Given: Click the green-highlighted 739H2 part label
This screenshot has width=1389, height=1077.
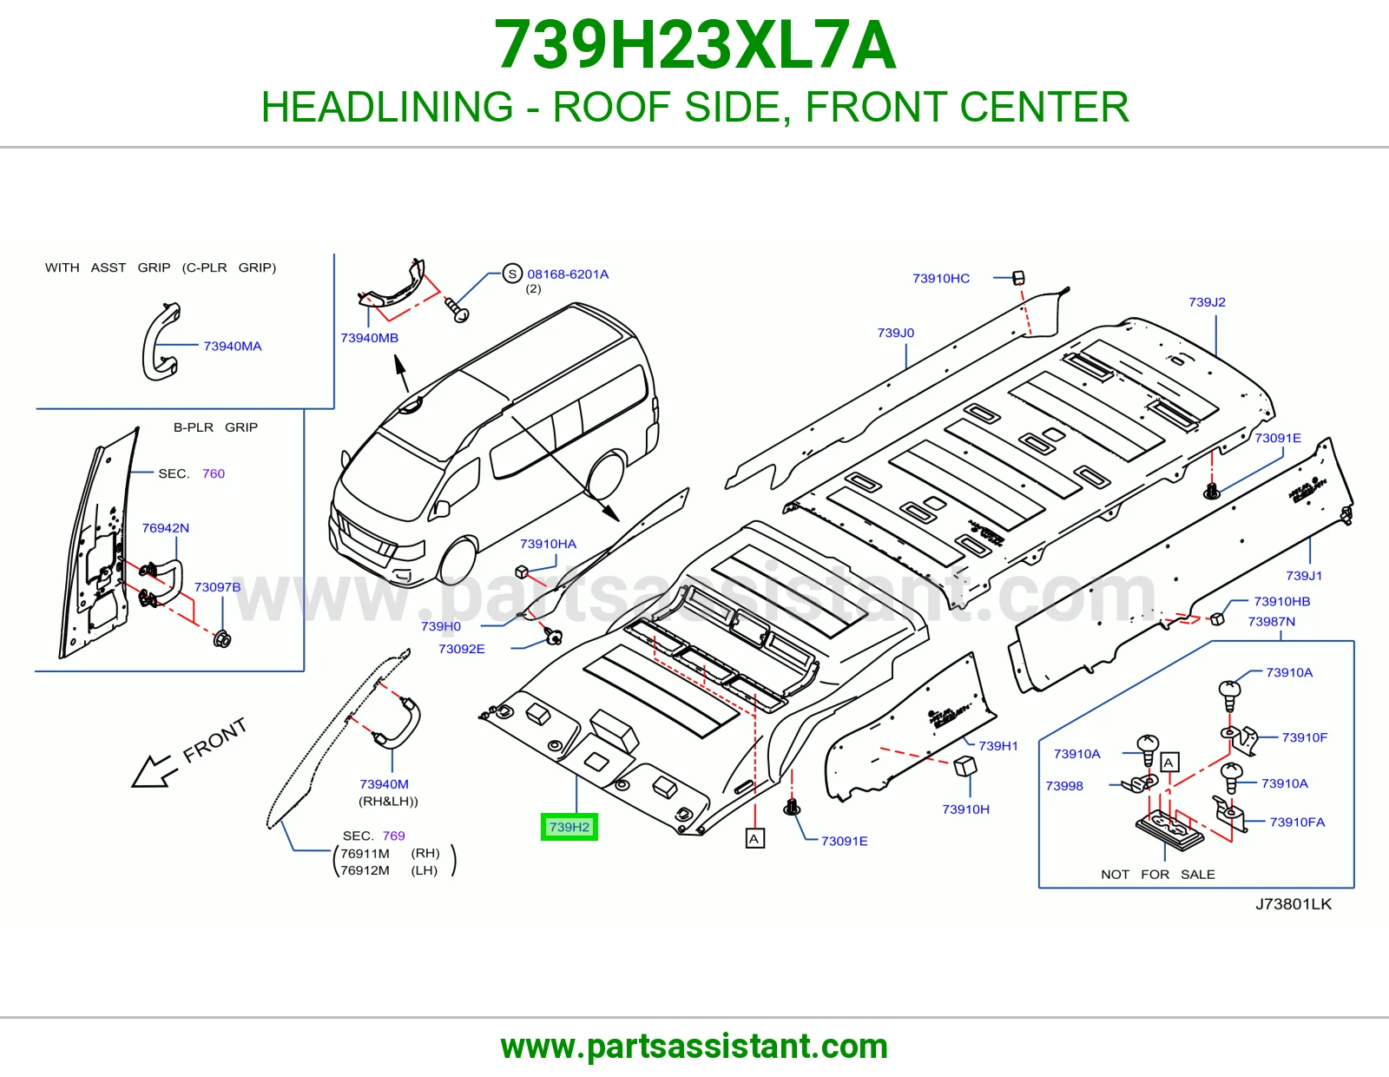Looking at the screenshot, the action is tap(569, 827).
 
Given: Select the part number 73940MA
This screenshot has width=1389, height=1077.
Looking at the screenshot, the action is tap(233, 346).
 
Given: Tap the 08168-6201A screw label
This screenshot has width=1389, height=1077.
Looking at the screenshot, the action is tap(568, 274).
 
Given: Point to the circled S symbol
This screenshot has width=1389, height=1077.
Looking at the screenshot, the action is tap(512, 274).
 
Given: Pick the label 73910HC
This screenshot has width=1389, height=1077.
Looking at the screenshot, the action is tap(941, 278).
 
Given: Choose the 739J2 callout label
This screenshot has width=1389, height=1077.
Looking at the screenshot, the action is tap(1207, 302).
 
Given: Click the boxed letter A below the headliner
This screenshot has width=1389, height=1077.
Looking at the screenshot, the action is tap(755, 838).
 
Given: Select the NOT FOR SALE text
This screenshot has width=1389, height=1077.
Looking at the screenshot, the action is tap(1157, 875).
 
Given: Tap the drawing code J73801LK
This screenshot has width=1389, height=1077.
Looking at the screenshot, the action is tap(1294, 903).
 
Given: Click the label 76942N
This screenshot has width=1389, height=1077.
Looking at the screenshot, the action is tap(166, 527).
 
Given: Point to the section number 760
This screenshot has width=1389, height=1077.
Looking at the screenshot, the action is tap(214, 473).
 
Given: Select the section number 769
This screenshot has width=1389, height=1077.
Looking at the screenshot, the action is tap(394, 836).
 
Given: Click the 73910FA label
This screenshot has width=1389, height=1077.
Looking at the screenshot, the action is tap(1297, 822).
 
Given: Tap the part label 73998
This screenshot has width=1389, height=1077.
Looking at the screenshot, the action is tap(1064, 785).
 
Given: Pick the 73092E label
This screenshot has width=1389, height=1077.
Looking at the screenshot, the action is tap(462, 649).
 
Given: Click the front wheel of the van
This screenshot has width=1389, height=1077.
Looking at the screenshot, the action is tap(458, 561).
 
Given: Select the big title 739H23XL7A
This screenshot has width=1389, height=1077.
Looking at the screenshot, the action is tap(694, 45).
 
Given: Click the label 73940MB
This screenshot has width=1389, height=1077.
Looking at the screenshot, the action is tap(370, 338).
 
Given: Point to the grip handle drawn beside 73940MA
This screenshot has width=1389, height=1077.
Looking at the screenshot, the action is tap(161, 341).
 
